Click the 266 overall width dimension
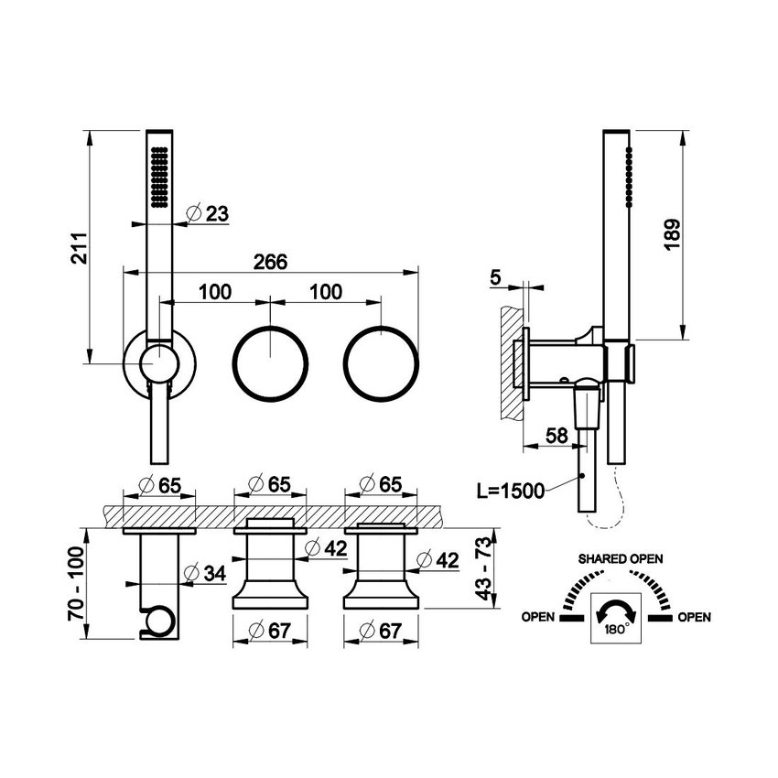point(270,262)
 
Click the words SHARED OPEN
point(620,558)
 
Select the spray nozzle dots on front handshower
point(158,175)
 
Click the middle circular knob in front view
point(271,361)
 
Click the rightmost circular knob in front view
point(379,361)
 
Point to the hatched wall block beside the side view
point(511,362)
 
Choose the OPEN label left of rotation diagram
point(538,617)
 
